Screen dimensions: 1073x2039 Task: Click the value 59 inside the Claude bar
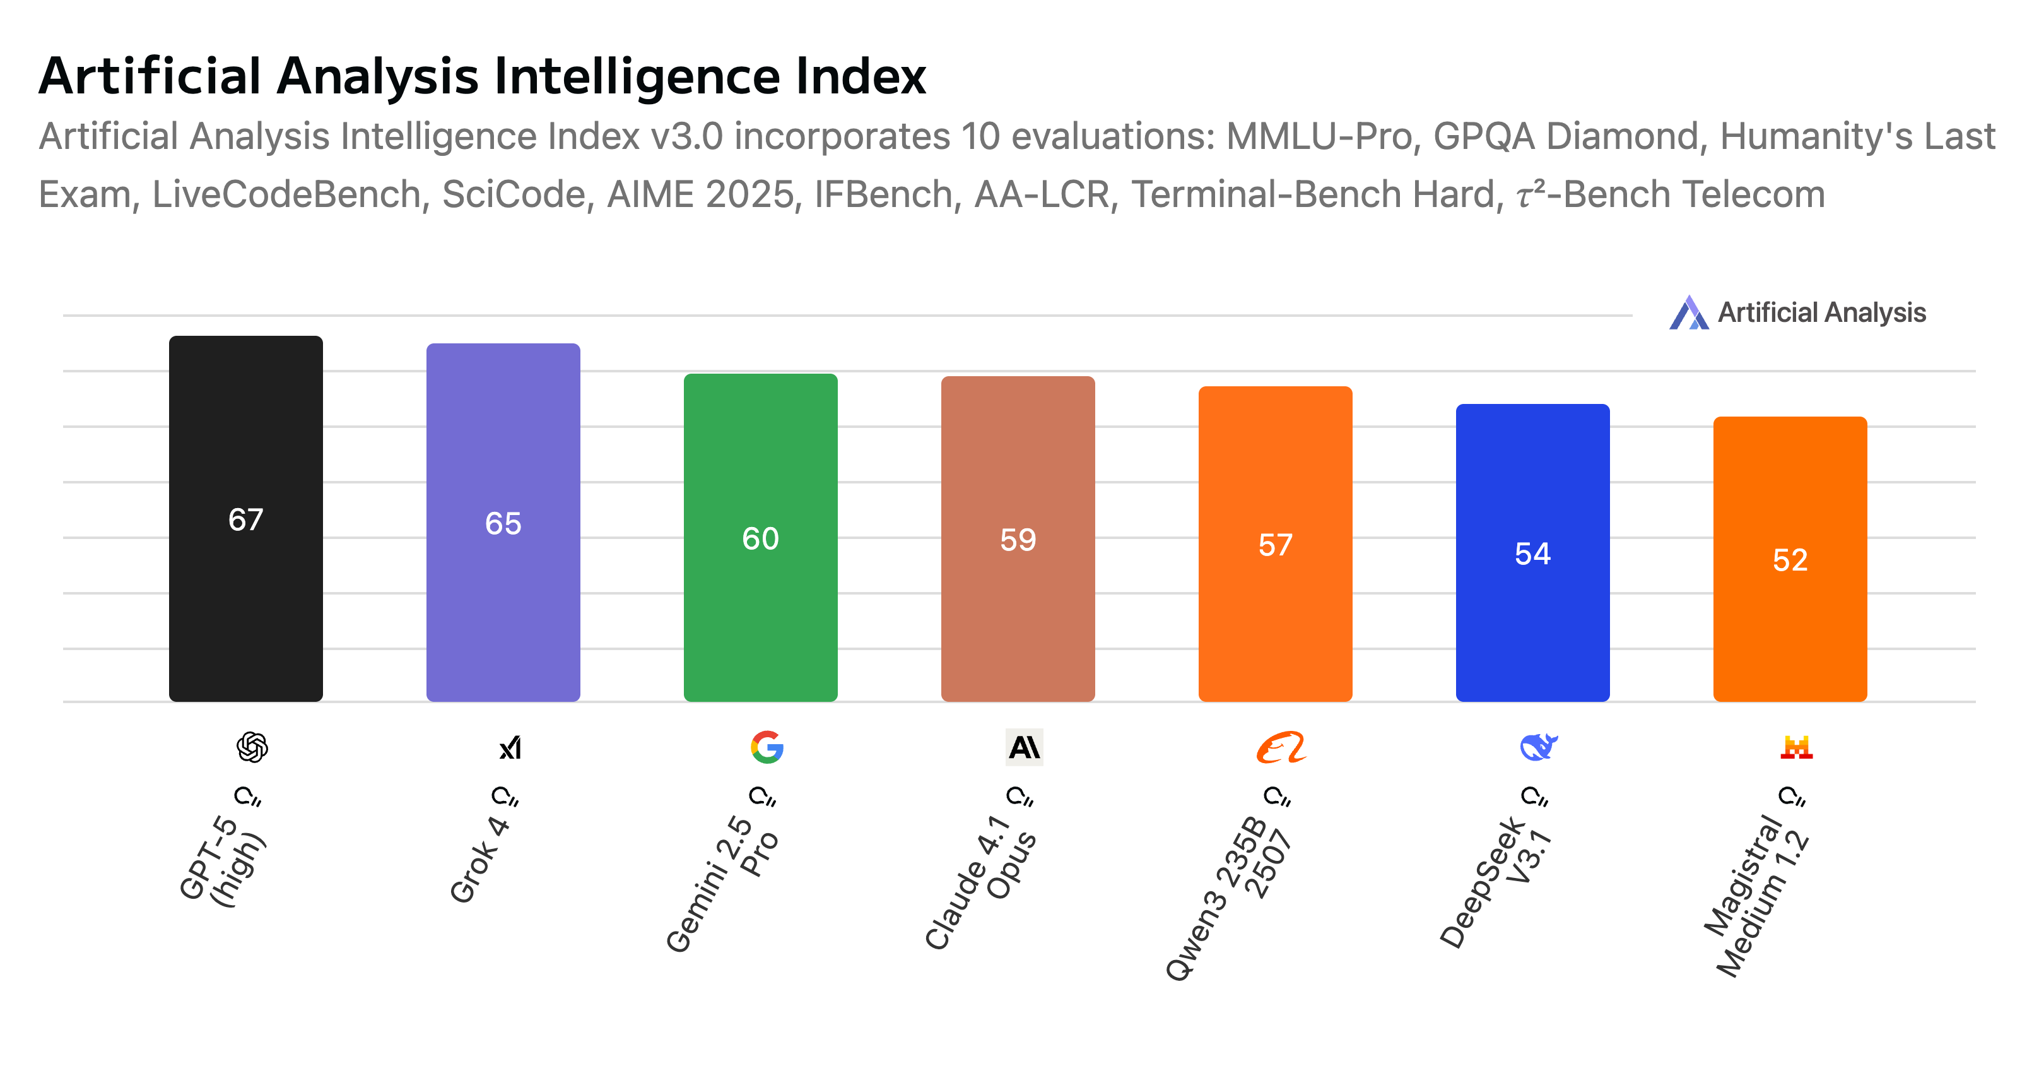click(1017, 540)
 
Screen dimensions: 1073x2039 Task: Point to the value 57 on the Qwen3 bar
click(1275, 545)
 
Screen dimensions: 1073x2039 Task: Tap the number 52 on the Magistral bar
click(1790, 560)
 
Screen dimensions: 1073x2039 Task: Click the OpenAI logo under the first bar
click(252, 747)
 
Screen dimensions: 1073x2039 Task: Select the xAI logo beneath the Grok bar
click(510, 747)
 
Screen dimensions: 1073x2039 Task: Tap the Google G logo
click(767, 747)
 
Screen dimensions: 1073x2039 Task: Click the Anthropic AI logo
click(1025, 747)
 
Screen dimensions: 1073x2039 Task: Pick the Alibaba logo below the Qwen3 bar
click(1281, 747)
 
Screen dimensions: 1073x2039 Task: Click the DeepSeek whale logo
click(1539, 747)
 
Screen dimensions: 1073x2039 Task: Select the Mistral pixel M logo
click(1796, 747)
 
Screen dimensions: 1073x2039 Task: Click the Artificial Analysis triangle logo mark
click(1688, 313)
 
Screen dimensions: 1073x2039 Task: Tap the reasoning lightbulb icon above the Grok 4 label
click(505, 796)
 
